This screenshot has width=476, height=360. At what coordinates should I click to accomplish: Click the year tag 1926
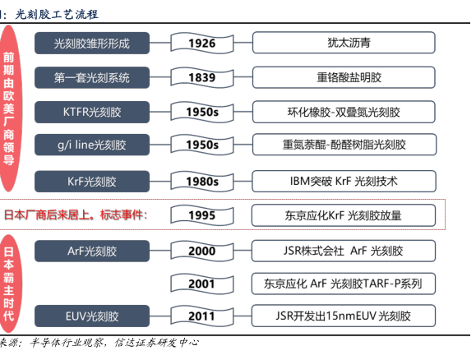pos(202,43)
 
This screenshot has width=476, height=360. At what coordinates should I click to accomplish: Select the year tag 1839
pos(202,77)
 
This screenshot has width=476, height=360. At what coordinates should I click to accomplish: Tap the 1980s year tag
pos(202,182)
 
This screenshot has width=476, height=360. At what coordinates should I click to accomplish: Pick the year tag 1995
pos(202,215)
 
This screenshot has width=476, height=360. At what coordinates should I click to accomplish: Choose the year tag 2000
pos(202,251)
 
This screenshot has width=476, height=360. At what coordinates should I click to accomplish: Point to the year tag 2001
pos(202,284)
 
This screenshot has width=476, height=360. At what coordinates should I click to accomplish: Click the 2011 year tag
pos(202,316)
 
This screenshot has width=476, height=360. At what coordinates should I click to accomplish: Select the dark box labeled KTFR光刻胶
pos(92,112)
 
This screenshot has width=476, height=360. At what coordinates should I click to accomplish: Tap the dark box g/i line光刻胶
pos(92,145)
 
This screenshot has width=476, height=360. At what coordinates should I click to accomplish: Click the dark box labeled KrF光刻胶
pos(92,182)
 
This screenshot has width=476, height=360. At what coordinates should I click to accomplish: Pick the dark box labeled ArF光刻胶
pos(92,251)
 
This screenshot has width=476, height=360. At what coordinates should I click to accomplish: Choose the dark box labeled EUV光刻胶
pos(92,316)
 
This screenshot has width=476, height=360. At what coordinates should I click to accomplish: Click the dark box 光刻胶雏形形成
pos(92,43)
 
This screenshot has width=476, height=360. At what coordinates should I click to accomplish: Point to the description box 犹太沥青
pos(344,43)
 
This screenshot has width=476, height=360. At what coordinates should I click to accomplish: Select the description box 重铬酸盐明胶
pos(344,77)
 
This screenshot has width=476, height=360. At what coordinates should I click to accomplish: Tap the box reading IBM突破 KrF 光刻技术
pos(344,181)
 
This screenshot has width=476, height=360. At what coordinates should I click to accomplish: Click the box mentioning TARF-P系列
pos(344,284)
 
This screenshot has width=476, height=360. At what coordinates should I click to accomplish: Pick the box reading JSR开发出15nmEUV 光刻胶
pos(344,316)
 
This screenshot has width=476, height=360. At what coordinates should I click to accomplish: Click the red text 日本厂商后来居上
pos(47,215)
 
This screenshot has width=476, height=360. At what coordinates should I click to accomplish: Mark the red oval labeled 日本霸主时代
pos(9,284)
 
